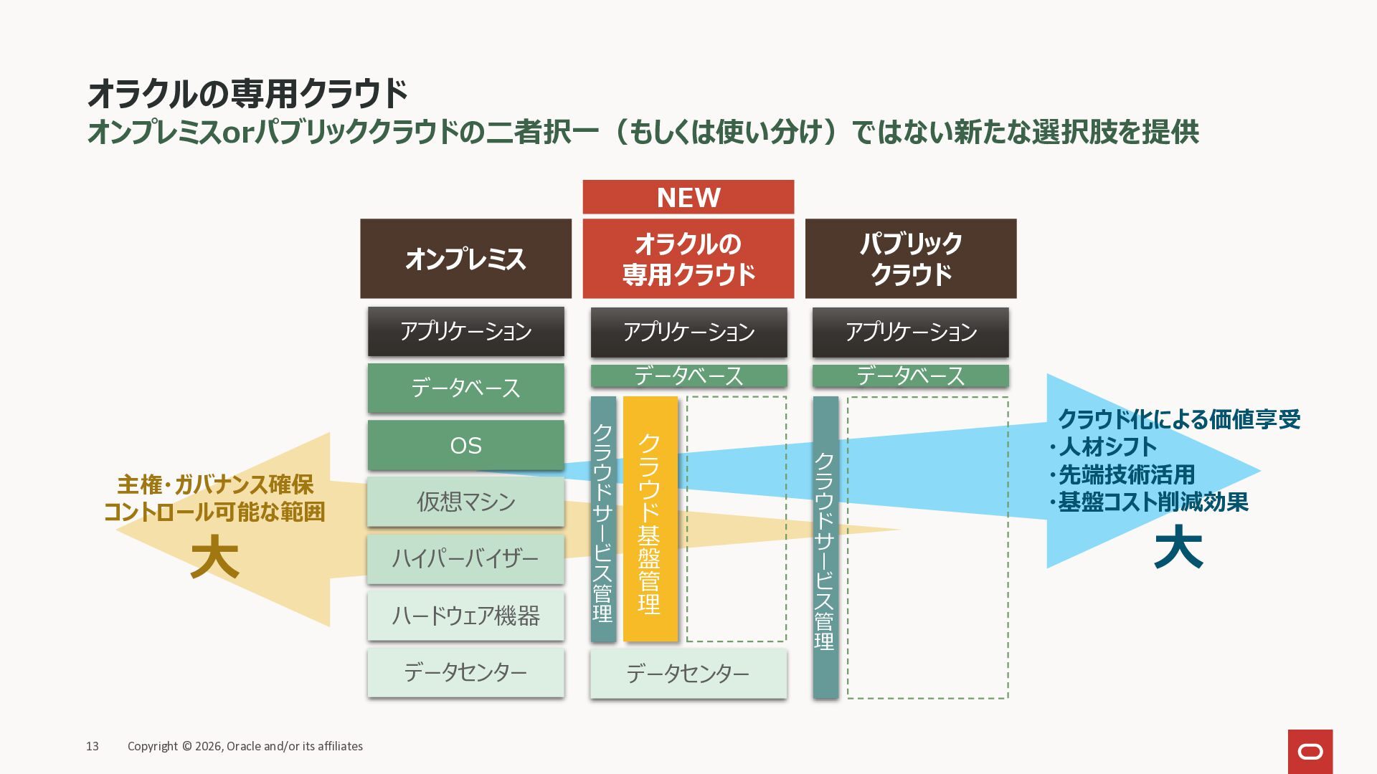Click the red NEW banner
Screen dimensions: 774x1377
click(x=688, y=197)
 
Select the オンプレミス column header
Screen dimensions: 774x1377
click(x=465, y=259)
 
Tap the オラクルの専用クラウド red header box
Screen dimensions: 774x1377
click(x=688, y=259)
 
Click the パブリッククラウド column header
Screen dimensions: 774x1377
click(x=910, y=259)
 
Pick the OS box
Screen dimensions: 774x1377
click(x=465, y=445)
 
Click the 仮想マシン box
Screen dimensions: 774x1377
click(x=465, y=502)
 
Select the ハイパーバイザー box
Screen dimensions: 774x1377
click(x=465, y=558)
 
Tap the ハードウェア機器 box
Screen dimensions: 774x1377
click(x=465, y=616)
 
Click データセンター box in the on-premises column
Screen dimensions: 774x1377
click(x=465, y=672)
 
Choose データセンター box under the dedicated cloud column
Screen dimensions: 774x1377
click(x=688, y=673)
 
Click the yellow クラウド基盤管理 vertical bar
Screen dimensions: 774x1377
click(x=650, y=519)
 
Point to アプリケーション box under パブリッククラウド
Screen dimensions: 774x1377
click(x=910, y=332)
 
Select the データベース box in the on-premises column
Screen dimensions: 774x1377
click(x=465, y=388)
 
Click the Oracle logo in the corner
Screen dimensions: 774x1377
click(x=1310, y=751)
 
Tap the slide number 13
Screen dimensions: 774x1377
click(x=93, y=746)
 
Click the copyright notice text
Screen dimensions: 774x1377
click(x=245, y=746)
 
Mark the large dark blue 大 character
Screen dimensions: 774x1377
click(x=1178, y=548)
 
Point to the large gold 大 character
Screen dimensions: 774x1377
click(x=214, y=558)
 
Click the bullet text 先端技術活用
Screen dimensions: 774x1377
click(x=1126, y=474)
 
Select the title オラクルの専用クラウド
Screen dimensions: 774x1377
click(x=247, y=94)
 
